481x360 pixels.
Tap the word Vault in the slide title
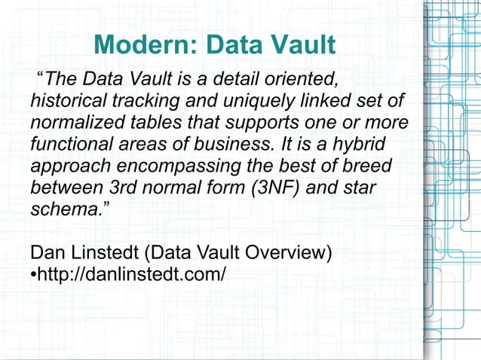[300, 45]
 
